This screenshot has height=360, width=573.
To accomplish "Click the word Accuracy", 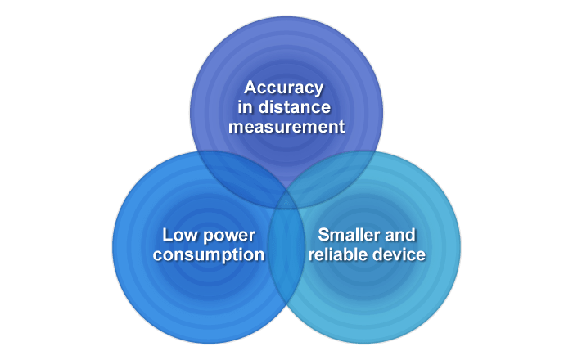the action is [284, 88].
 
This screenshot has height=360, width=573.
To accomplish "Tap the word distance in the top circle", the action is [295, 107].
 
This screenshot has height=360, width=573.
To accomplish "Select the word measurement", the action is [286, 127].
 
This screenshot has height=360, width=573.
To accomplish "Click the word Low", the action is [178, 235].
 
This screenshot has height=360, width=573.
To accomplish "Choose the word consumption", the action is [209, 255].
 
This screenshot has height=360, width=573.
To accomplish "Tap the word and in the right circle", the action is [400, 235].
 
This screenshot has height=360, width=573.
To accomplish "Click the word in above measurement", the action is [246, 107].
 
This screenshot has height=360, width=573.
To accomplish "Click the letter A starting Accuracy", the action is [250, 88].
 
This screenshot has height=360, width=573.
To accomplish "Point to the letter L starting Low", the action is [167, 235].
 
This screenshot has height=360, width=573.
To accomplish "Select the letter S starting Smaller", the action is [324, 235].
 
